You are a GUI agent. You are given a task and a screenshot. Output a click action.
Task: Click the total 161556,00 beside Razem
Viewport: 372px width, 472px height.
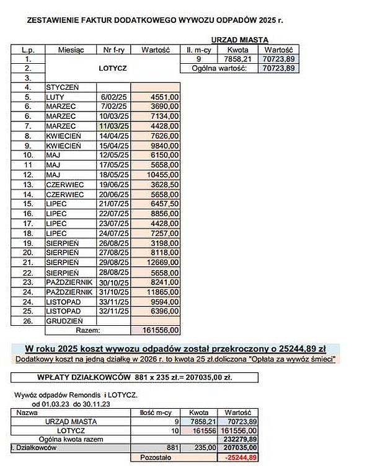[x=162, y=330]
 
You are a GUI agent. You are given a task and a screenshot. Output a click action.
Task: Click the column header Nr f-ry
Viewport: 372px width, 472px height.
[x=114, y=49]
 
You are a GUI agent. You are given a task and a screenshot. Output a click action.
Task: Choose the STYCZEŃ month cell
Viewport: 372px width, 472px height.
[x=62, y=88]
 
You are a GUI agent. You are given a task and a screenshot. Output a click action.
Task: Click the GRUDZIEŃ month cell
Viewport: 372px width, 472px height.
[x=63, y=321]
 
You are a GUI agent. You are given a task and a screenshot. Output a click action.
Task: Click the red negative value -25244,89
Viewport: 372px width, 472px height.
[x=241, y=457]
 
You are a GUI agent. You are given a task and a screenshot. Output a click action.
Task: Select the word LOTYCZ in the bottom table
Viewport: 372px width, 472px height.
[x=71, y=429]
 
